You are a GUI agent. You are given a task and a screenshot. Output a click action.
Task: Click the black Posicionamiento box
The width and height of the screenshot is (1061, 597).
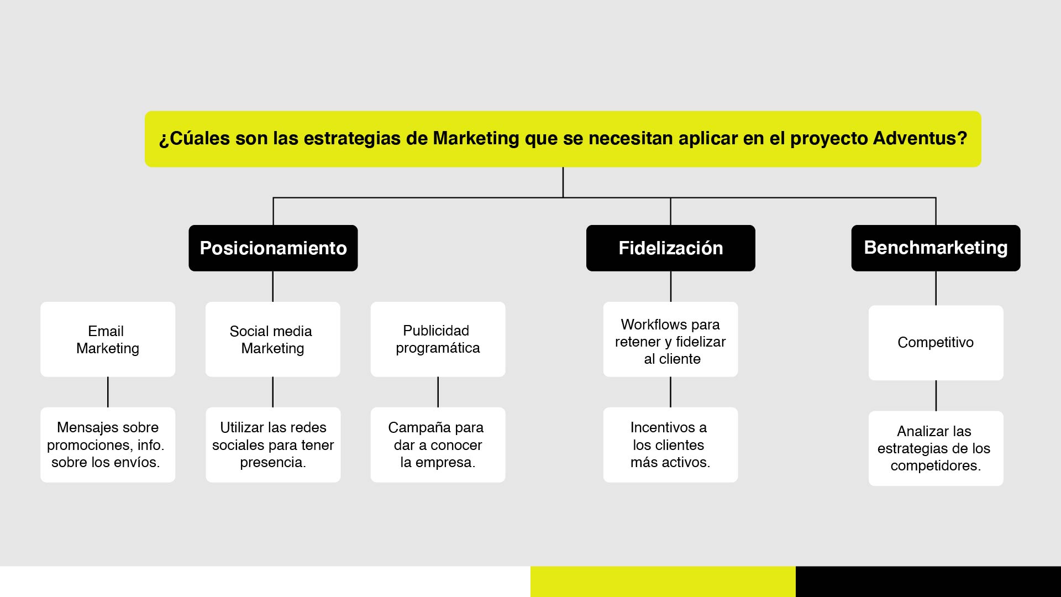273,248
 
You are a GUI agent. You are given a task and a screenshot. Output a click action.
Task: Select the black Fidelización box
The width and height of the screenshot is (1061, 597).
670,248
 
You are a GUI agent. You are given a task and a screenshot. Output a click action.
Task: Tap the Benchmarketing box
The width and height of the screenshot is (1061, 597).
936,248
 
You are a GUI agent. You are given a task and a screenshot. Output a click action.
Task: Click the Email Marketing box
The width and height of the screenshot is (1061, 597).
108,339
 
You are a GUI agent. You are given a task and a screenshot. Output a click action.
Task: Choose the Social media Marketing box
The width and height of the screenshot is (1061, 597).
273,339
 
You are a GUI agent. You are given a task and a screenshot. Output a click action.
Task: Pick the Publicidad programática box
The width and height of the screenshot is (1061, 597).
438,339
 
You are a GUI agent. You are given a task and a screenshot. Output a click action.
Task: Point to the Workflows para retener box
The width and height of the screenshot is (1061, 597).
670,339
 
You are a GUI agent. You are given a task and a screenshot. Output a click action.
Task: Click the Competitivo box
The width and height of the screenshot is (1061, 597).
936,343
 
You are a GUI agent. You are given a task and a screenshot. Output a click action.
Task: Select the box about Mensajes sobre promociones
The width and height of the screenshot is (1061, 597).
108,445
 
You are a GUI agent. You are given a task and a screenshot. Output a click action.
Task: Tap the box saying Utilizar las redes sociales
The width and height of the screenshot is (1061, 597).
273,445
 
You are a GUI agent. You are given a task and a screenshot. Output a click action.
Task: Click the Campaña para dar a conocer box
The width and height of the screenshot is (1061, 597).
438,445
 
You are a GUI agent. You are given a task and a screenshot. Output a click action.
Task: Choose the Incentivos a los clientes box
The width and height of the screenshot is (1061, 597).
670,445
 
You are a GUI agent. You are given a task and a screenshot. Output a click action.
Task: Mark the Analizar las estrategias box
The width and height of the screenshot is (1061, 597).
936,448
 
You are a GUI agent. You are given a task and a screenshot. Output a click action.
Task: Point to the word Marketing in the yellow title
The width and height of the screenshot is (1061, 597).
476,138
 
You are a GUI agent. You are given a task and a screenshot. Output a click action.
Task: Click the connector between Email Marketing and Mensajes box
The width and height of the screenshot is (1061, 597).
108,392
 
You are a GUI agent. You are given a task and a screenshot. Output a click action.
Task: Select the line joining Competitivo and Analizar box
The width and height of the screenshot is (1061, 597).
936,396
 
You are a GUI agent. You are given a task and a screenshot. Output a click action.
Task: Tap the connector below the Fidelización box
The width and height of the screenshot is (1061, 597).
670,286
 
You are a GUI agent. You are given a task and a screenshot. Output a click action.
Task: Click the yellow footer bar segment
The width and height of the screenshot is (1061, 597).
663,582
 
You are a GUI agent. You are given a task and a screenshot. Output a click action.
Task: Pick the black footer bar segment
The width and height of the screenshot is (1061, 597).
928,582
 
